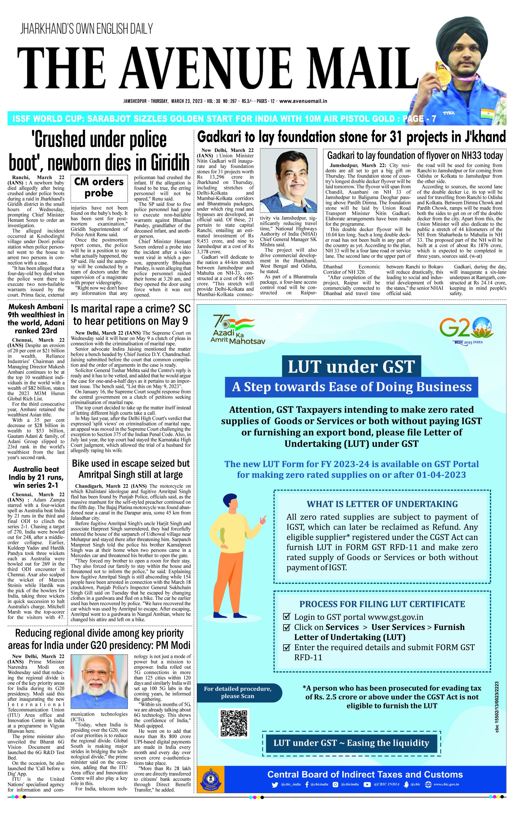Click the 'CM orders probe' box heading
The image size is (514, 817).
click(99, 187)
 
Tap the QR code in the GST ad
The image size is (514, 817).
click(234, 723)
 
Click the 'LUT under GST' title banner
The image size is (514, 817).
click(351, 366)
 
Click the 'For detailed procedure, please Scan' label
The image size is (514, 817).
click(238, 692)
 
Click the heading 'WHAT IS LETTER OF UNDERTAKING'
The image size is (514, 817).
click(382, 504)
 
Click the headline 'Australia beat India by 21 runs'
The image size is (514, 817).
click(36, 477)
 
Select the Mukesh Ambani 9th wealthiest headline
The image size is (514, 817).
click(36, 319)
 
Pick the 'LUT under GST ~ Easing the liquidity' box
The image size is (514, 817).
click(351, 743)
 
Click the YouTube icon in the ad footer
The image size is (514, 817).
click(367, 784)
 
